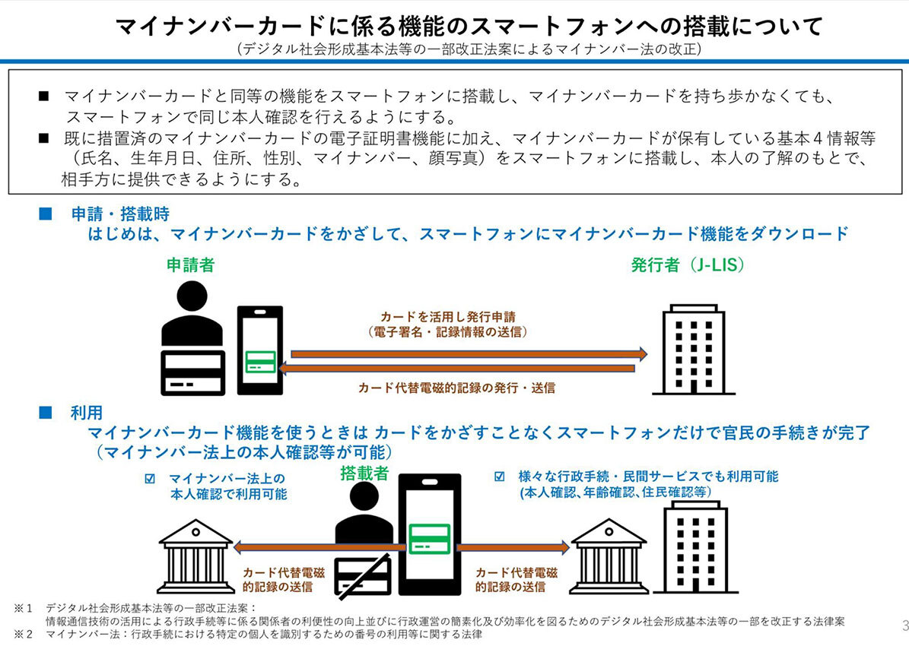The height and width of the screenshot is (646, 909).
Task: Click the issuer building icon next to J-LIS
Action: click(x=688, y=350)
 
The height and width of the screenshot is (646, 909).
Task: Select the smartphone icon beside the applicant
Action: click(x=259, y=350)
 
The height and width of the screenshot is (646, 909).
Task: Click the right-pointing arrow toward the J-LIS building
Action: click(x=469, y=353)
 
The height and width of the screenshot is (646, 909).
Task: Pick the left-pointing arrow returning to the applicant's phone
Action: click(x=456, y=369)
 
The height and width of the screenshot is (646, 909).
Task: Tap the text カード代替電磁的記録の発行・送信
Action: click(x=456, y=388)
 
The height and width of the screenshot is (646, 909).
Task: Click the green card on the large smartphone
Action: click(x=430, y=540)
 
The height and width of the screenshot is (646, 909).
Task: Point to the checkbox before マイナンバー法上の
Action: click(x=149, y=479)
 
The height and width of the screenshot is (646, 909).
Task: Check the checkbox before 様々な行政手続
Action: click(x=500, y=477)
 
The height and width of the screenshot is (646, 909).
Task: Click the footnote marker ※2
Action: click(x=23, y=633)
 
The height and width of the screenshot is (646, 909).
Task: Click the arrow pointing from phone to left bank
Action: click(x=319, y=547)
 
